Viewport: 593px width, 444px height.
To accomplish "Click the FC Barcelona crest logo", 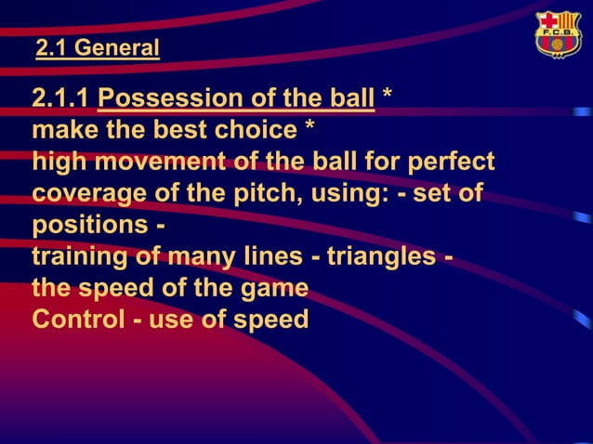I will pyautogui.click(x=558, y=35).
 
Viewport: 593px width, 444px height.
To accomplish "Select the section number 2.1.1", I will pyautogui.click(x=61, y=99).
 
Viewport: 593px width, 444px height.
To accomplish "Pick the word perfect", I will pyautogui.click(x=450, y=163).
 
